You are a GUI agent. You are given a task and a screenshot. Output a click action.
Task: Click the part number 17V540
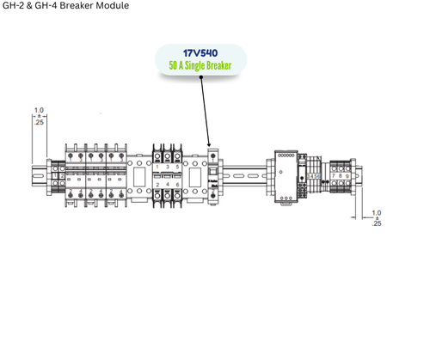click(x=201, y=52)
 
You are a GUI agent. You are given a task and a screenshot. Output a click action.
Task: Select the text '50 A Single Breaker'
click(x=201, y=64)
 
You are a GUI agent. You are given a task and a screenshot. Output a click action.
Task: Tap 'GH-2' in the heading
click(x=14, y=6)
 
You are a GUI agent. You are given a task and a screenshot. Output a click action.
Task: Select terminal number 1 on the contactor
click(x=157, y=166)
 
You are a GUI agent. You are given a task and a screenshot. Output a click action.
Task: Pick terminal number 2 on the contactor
click(x=157, y=186)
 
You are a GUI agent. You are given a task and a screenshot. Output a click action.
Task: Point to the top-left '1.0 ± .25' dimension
click(x=39, y=116)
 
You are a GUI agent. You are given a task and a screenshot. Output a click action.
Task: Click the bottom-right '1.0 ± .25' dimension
click(x=377, y=218)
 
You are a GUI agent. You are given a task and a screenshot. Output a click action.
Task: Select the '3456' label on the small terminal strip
click(x=314, y=177)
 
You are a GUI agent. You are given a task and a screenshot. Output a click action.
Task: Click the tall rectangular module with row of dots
click(x=286, y=176)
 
